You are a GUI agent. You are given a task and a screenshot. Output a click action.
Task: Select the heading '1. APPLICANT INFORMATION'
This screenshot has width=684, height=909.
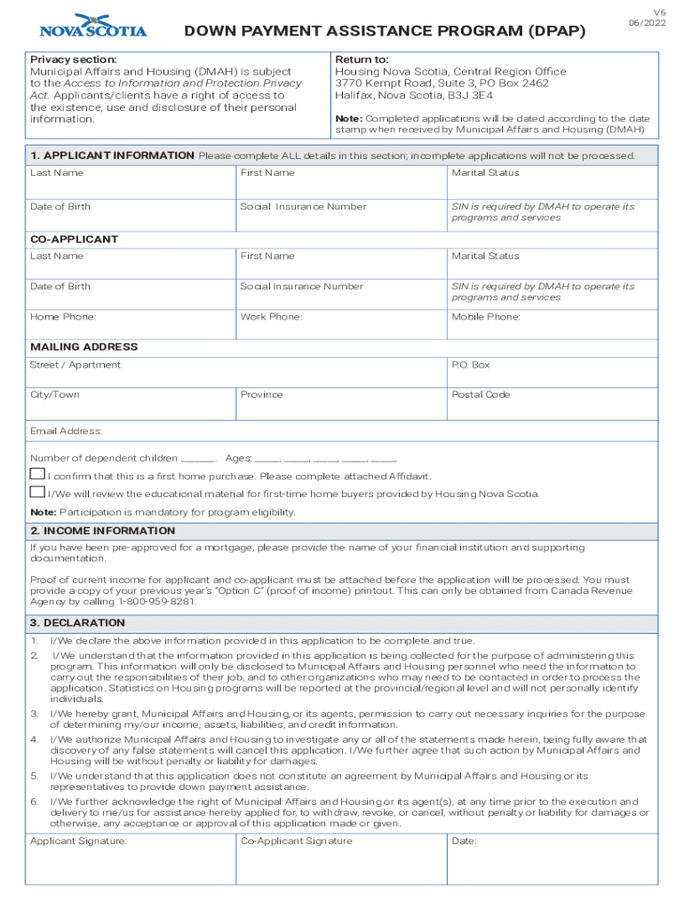[112, 155]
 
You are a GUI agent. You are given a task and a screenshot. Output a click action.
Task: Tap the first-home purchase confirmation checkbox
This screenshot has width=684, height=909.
[37, 475]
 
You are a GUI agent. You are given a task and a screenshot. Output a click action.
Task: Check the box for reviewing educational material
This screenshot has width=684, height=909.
[37, 493]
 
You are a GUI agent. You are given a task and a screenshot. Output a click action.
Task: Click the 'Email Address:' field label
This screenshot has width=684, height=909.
[67, 431]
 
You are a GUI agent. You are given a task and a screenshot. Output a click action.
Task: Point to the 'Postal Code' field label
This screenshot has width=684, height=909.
[481, 394]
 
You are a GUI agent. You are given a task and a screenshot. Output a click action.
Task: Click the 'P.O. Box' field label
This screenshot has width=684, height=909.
[471, 365]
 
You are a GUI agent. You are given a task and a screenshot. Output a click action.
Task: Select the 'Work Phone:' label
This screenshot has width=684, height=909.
[271, 317]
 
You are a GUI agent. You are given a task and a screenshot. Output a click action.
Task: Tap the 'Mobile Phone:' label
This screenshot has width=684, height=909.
[486, 317]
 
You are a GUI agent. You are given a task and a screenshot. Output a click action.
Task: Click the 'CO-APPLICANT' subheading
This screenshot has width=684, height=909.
[75, 240]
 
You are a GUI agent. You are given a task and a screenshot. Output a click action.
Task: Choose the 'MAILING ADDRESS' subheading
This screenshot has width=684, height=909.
[84, 347]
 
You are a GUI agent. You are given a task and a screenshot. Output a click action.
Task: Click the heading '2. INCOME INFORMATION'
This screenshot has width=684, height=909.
[102, 531]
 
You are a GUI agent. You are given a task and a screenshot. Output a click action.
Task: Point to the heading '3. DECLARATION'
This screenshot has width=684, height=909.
[77, 623]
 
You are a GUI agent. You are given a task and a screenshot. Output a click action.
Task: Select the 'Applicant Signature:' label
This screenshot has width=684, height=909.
[78, 841]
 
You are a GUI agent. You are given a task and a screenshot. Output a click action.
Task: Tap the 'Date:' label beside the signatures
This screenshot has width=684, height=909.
[464, 841]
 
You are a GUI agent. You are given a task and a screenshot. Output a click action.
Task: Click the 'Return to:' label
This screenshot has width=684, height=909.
[362, 59]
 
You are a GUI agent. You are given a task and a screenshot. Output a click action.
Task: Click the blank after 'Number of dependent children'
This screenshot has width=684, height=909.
[198, 459]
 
